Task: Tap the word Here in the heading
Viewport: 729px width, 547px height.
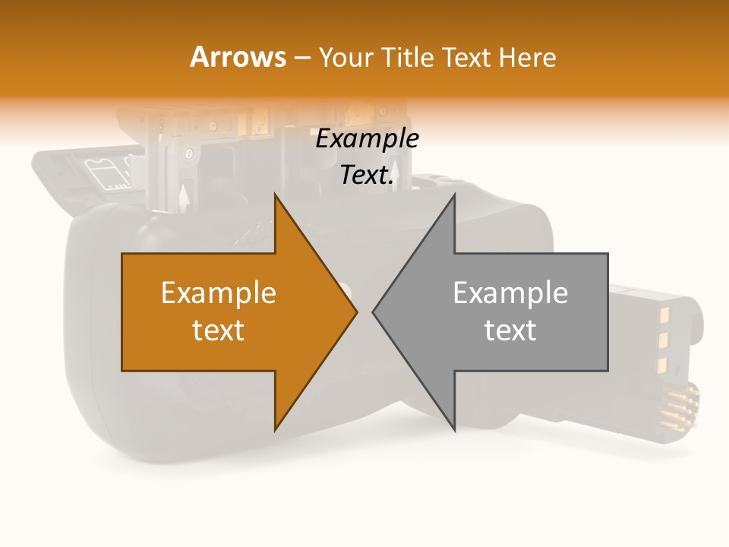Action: click(527, 57)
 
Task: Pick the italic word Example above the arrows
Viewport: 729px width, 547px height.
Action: click(367, 139)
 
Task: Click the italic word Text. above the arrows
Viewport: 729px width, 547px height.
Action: click(367, 175)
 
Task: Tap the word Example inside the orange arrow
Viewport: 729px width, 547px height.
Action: click(219, 292)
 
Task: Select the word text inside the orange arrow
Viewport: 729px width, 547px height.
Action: click(219, 330)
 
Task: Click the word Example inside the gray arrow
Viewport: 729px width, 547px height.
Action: click(510, 292)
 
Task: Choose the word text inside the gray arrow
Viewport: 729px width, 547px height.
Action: click(510, 330)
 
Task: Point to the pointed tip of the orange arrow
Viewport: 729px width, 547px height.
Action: click(356, 311)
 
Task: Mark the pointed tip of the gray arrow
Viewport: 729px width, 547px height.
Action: click(374, 311)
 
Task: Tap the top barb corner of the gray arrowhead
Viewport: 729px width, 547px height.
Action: click(454, 194)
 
